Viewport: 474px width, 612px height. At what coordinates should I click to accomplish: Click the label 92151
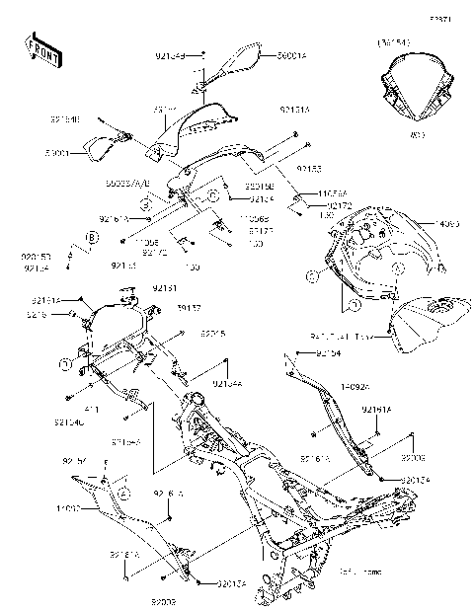[x=164, y=288]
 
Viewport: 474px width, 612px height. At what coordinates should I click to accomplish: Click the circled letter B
[x=92, y=238]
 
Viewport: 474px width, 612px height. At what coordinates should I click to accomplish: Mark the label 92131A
[x=295, y=111]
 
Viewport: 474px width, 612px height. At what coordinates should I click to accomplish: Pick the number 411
[x=91, y=408]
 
